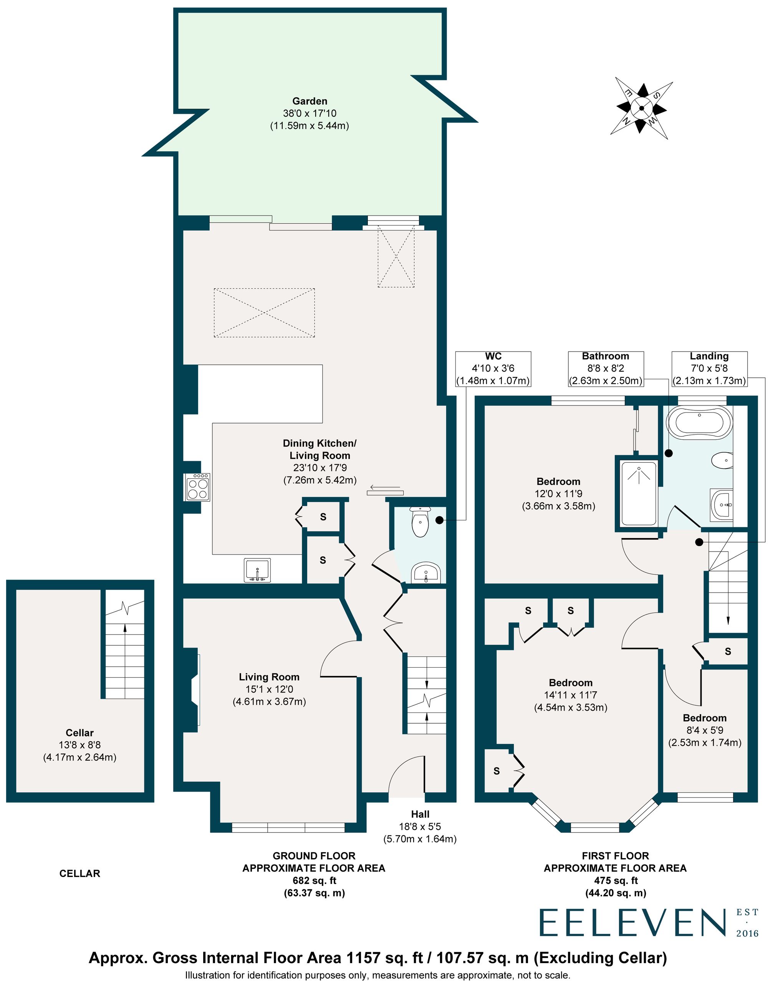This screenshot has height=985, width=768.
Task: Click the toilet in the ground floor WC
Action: (420, 523)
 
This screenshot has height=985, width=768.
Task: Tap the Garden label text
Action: (310, 101)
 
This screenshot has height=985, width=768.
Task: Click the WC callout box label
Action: (493, 356)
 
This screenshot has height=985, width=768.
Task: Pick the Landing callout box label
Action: (709, 356)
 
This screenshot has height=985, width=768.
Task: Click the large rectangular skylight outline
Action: (264, 312)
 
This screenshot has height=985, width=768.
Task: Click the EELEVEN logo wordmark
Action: (632, 923)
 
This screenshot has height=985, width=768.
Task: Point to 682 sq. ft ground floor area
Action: (314, 880)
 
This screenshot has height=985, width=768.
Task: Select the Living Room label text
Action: (269, 677)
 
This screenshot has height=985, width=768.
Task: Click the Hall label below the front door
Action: (420, 814)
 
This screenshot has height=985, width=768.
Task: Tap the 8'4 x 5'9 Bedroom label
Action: (705, 730)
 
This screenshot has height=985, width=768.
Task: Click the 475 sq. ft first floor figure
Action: (615, 880)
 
